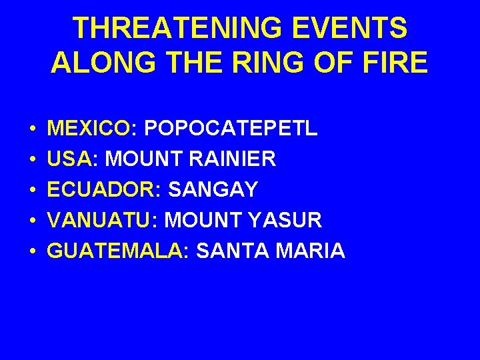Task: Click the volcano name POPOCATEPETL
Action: click(x=231, y=128)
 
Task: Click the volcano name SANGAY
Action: click(x=213, y=189)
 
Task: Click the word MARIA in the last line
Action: click(x=311, y=251)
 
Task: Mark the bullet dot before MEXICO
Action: click(x=32, y=129)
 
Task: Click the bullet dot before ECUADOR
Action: click(x=32, y=190)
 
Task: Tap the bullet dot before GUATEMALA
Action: click(x=32, y=251)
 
